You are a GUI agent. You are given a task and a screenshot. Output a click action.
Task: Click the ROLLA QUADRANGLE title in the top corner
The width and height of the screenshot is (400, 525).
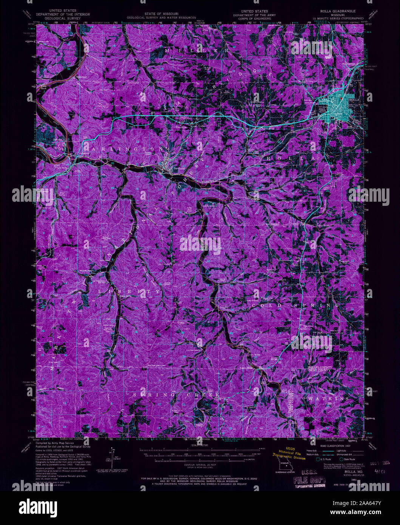pyautogui.click(x=337, y=11)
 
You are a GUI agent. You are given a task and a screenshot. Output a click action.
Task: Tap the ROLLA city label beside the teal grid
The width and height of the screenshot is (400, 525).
pyautogui.click(x=354, y=100)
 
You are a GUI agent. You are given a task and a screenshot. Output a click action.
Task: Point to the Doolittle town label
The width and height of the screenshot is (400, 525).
pyautogui.click(x=182, y=127)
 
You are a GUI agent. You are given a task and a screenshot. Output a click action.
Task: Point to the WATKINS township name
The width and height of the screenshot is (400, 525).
pyautogui.click(x=328, y=398)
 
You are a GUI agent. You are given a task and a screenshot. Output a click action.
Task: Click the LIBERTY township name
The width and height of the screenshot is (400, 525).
pyautogui.click(x=129, y=292)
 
